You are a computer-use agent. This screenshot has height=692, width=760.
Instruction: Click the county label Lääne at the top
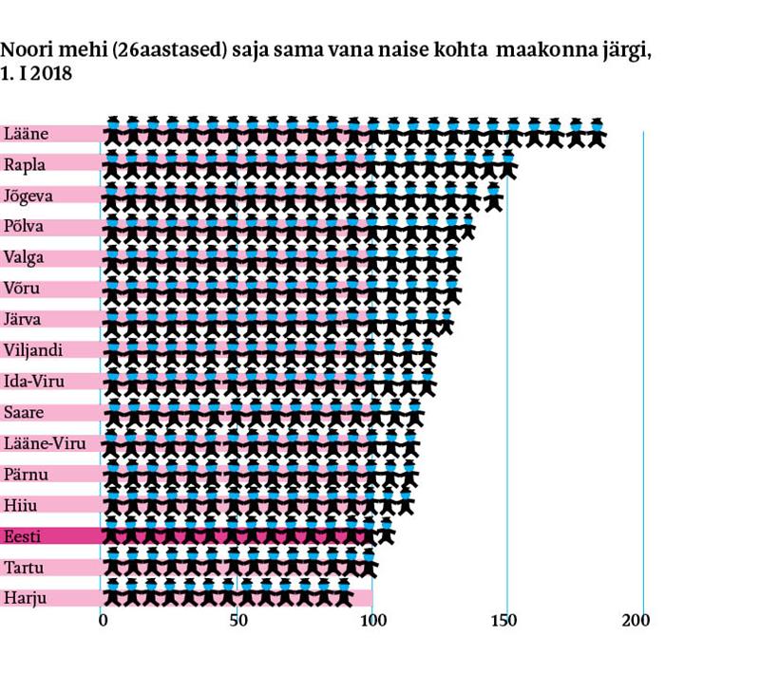click(x=27, y=134)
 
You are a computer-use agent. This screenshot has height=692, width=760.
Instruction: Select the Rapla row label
click(x=25, y=164)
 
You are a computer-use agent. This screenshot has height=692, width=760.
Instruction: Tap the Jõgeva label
click(x=29, y=196)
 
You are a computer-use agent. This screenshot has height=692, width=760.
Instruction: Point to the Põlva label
click(x=25, y=226)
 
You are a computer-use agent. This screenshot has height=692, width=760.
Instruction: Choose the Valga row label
click(x=25, y=257)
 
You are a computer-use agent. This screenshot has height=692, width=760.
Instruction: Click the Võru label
click(x=23, y=288)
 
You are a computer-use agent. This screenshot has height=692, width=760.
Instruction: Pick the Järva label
click(x=24, y=319)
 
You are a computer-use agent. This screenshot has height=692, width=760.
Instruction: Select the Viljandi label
click(x=33, y=350)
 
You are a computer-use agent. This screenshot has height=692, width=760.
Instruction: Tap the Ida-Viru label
click(x=33, y=381)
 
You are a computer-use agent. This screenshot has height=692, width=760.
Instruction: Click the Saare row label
click(x=25, y=412)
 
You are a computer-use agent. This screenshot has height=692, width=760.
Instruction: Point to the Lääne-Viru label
click(x=41, y=442)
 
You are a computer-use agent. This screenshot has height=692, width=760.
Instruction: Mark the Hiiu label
click(x=21, y=504)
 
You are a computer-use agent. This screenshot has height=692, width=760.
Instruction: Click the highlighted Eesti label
click(x=23, y=536)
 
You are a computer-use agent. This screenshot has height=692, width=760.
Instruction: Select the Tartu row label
click(x=24, y=567)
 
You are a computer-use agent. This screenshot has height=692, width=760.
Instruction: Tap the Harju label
click(x=25, y=598)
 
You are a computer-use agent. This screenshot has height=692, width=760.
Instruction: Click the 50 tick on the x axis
click(x=237, y=622)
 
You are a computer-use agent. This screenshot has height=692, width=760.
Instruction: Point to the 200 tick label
click(x=636, y=622)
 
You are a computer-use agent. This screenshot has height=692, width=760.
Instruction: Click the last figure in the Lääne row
click(x=597, y=133)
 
